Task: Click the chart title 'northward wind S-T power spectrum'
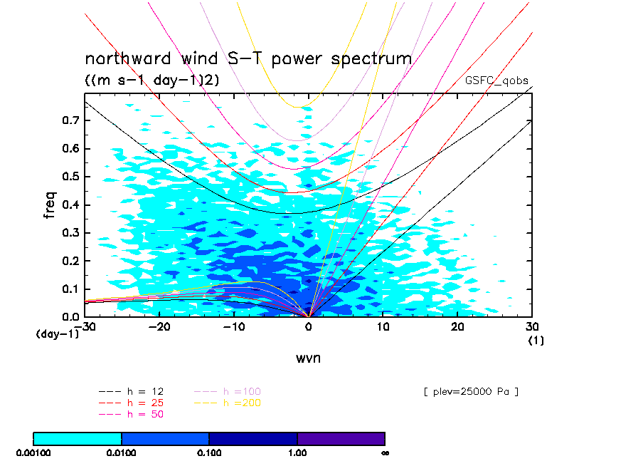tap(248, 59)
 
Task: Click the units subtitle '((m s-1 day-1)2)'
tap(152, 81)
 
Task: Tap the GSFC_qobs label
tap(496, 81)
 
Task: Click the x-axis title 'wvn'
tap(308, 358)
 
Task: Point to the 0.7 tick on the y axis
tap(69, 120)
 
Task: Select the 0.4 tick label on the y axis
tap(69, 204)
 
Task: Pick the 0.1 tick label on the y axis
tap(69, 289)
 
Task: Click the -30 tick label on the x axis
tap(87, 326)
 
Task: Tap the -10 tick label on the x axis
tap(233, 326)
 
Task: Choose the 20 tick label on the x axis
tap(457, 326)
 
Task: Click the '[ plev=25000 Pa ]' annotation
tap(470, 392)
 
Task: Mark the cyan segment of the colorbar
tap(78, 438)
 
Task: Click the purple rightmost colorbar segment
tap(341, 438)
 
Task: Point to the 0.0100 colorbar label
tap(122, 452)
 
